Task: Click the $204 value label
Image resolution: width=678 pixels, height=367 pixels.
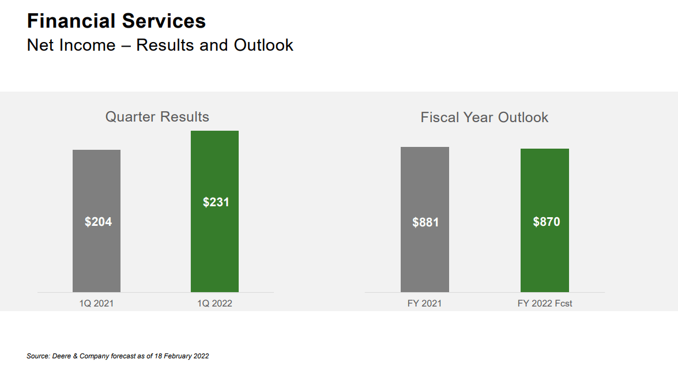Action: coord(98,221)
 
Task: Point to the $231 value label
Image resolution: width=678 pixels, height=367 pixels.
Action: coord(216,202)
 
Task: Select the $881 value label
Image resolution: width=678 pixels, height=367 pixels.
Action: coord(425,222)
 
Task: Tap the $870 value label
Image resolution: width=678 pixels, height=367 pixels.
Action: coord(546,222)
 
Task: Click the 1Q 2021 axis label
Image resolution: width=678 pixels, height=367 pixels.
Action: coord(96,303)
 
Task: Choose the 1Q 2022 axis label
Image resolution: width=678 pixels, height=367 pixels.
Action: coord(214,303)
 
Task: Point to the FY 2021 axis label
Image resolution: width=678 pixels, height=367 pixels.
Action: coord(424,303)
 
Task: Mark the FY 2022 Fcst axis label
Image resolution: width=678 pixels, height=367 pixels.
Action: coord(545,303)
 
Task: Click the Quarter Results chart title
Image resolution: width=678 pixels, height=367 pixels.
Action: coord(157,117)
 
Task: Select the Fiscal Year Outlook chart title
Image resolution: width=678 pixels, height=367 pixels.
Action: coord(484,118)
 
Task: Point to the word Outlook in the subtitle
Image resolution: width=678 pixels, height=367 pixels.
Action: coord(263,45)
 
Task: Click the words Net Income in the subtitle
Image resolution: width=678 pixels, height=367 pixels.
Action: coord(71,45)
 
